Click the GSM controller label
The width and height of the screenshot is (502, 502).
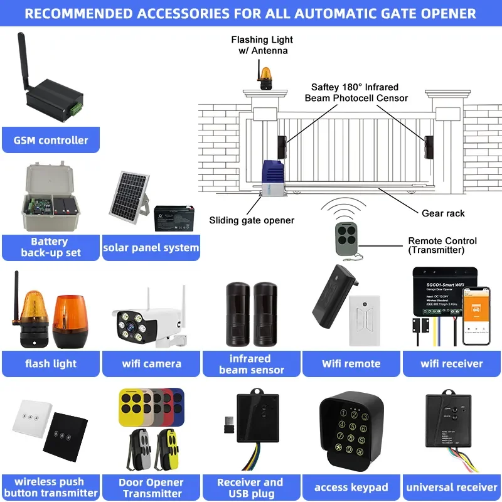(x=51, y=140)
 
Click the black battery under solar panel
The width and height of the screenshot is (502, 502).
(x=174, y=218)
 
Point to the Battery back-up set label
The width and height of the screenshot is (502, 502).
(x=51, y=247)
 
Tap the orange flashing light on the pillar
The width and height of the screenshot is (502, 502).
(x=267, y=73)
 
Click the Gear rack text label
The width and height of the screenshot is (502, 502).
(x=443, y=213)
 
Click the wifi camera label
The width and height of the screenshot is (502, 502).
(x=151, y=363)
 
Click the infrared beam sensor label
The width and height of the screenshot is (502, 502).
(x=251, y=364)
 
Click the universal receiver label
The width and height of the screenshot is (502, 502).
(x=452, y=487)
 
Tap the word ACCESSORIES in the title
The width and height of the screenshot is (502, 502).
(x=208, y=13)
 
